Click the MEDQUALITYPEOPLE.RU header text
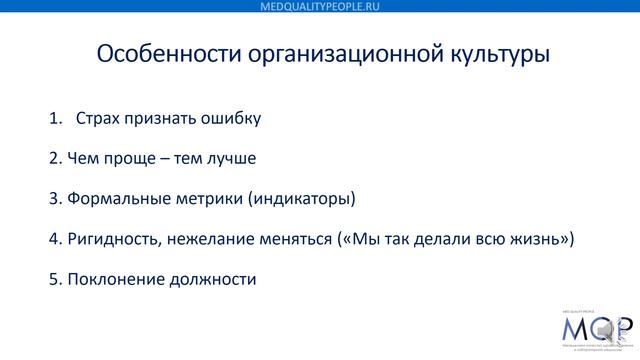319,6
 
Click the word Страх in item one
97,119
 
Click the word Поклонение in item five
115,279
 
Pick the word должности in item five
211,279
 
